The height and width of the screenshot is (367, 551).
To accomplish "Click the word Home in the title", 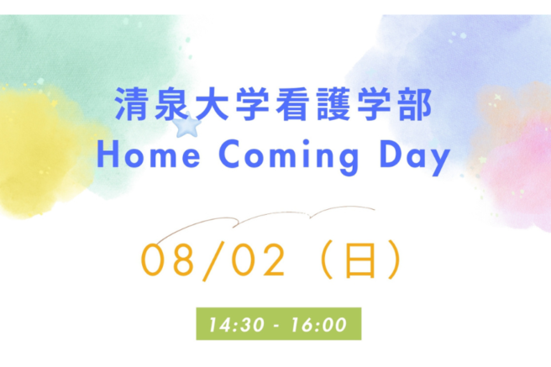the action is click(149, 155).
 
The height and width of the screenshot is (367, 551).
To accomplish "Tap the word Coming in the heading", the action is click(289, 157).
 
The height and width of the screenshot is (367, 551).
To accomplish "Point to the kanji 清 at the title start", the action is click(131, 104).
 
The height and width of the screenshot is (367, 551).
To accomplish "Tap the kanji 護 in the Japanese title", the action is click(333, 104).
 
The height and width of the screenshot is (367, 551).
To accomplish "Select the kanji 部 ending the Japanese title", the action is click(414, 104).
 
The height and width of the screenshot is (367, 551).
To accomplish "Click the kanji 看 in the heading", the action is click(292, 104).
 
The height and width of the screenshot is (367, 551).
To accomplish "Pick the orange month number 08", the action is click(167, 260).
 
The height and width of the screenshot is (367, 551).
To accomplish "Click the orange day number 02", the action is click(259, 260).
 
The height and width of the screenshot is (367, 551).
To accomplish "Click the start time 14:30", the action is click(236, 324).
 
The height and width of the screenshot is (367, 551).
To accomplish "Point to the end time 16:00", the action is click(319, 324).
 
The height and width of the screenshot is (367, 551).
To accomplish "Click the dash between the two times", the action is click(277, 326).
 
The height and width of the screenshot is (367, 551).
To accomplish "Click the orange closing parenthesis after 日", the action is click(394, 260).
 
